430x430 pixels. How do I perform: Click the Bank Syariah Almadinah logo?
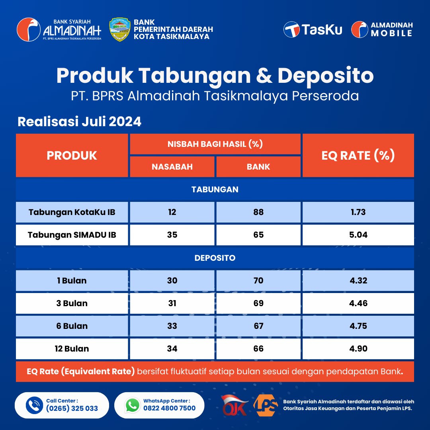click(x=59, y=29)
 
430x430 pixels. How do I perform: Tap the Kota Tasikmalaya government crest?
click(x=119, y=29)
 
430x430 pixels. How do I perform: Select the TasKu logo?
click(x=313, y=29)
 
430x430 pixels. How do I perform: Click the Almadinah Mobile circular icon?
click(x=360, y=29)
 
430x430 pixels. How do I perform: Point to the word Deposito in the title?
click(x=326, y=75)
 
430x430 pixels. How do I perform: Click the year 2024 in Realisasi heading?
click(x=125, y=121)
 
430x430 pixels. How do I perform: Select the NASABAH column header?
click(x=172, y=167)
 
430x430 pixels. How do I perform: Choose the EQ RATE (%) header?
click(x=358, y=155)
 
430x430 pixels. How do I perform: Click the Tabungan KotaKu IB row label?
click(x=72, y=212)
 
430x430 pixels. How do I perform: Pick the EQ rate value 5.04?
click(x=358, y=235)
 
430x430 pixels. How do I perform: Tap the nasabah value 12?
click(x=172, y=212)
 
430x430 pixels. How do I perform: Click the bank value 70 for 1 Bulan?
click(x=258, y=281)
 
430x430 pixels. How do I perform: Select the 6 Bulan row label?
click(x=72, y=326)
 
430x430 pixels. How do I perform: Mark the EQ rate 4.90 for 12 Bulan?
click(x=358, y=348)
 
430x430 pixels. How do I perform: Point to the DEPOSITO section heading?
click(x=215, y=258)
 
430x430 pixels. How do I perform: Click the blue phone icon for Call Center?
click(x=34, y=405)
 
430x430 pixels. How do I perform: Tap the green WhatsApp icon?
click(x=133, y=405)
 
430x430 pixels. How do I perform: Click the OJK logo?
click(x=235, y=405)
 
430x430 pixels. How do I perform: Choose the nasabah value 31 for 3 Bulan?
click(x=172, y=303)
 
